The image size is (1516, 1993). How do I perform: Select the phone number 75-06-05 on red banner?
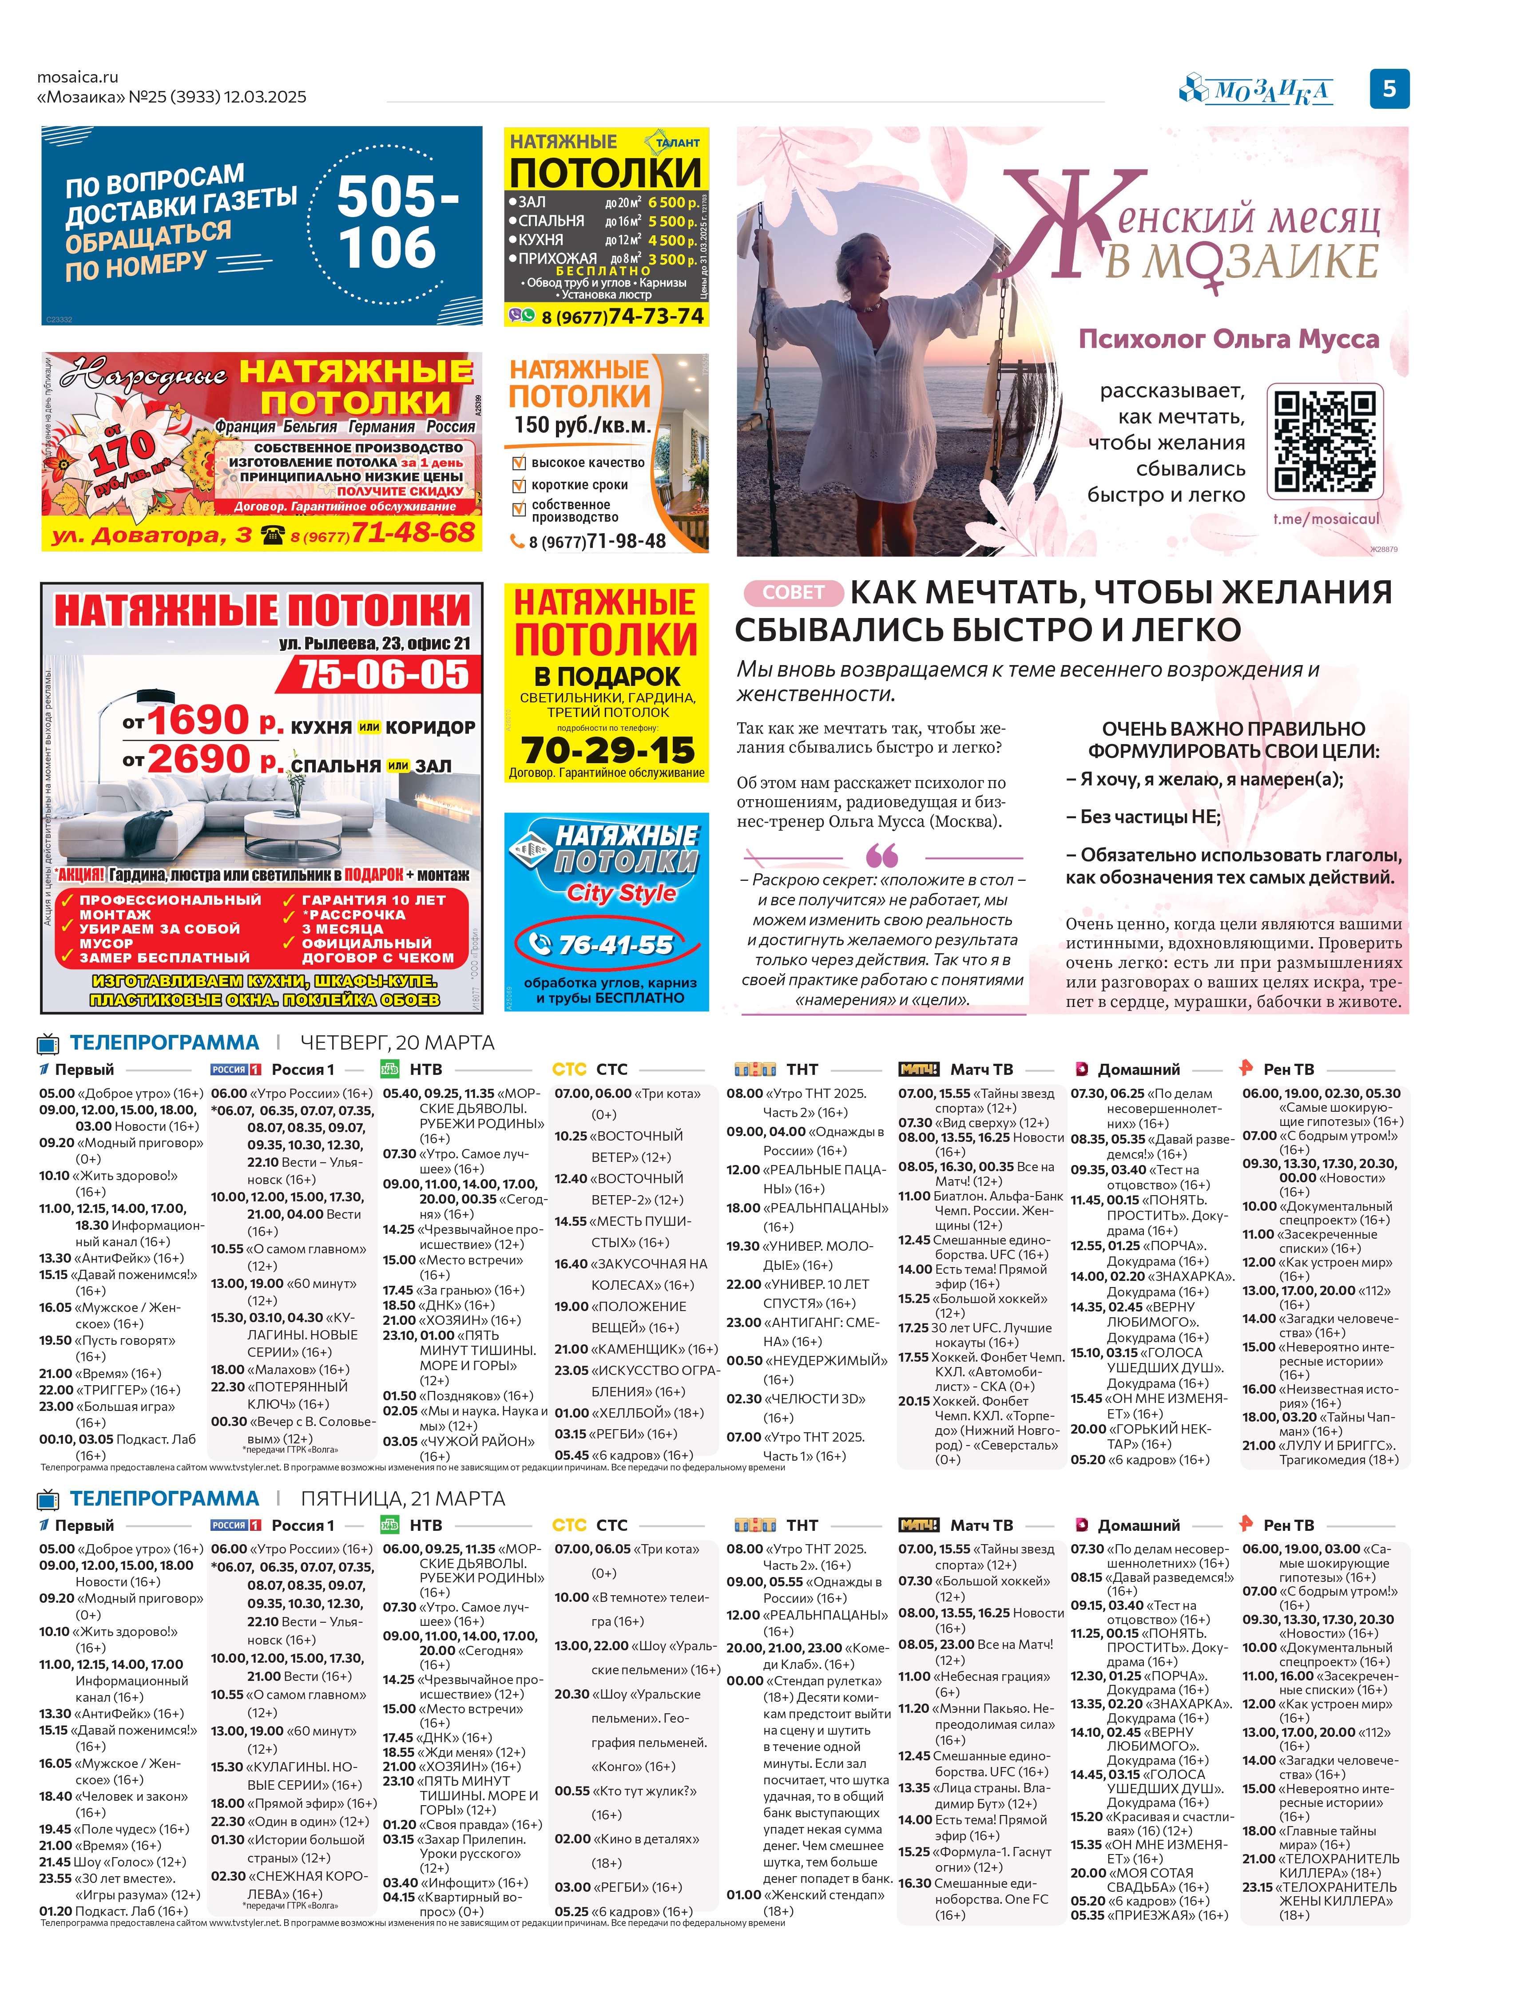tap(384, 674)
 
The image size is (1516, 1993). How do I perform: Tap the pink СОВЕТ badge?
tap(792, 593)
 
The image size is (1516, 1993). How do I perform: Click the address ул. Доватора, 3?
tap(151, 536)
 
